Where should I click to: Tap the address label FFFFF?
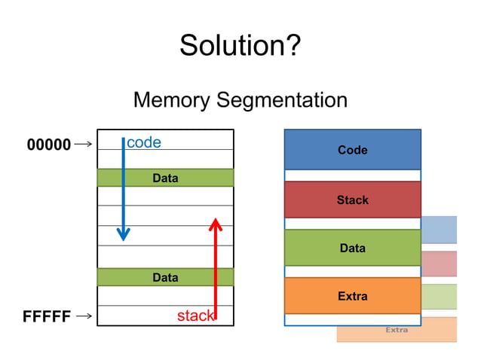click(49, 317)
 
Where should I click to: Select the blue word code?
click(143, 142)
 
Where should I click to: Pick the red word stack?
click(195, 316)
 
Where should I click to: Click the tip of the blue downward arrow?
click(124, 239)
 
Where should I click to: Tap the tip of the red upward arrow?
click(215, 221)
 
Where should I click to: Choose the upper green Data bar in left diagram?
click(165, 178)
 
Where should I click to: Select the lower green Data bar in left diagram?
click(165, 277)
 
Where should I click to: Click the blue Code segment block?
click(352, 149)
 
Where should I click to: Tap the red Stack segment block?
click(352, 200)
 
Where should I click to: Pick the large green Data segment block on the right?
click(352, 248)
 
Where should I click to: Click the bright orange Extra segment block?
click(352, 296)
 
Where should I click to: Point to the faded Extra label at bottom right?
click(397, 330)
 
